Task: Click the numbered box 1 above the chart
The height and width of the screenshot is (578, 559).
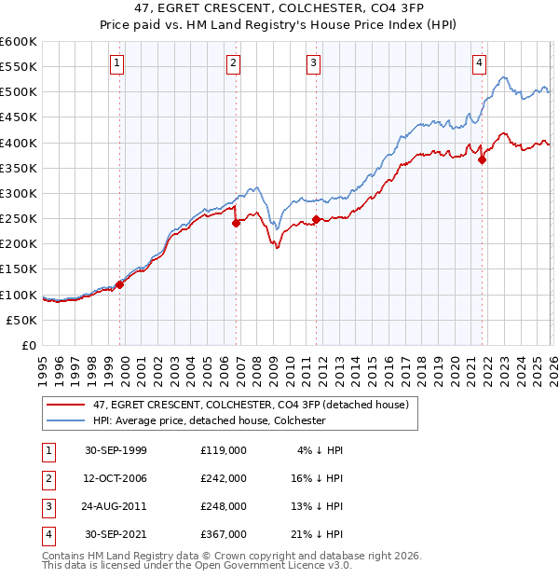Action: point(117,63)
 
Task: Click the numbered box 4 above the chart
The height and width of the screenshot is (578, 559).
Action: point(479,63)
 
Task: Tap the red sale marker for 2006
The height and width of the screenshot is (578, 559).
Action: point(237,222)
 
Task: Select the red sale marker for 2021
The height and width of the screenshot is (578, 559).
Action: point(483,159)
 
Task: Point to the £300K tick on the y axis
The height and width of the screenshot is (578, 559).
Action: point(19,193)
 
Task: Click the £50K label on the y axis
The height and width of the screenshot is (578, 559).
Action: point(22,320)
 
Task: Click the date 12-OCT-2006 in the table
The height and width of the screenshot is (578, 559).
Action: point(116,477)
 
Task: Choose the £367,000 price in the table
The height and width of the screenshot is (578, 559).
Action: point(224,534)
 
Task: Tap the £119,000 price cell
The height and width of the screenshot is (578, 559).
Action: point(224,449)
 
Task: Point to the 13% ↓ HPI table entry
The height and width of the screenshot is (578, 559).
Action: point(318,506)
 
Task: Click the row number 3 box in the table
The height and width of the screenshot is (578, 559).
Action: point(47,506)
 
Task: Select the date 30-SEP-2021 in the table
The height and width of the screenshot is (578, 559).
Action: point(116,534)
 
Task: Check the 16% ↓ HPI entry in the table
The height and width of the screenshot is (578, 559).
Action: point(318,477)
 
